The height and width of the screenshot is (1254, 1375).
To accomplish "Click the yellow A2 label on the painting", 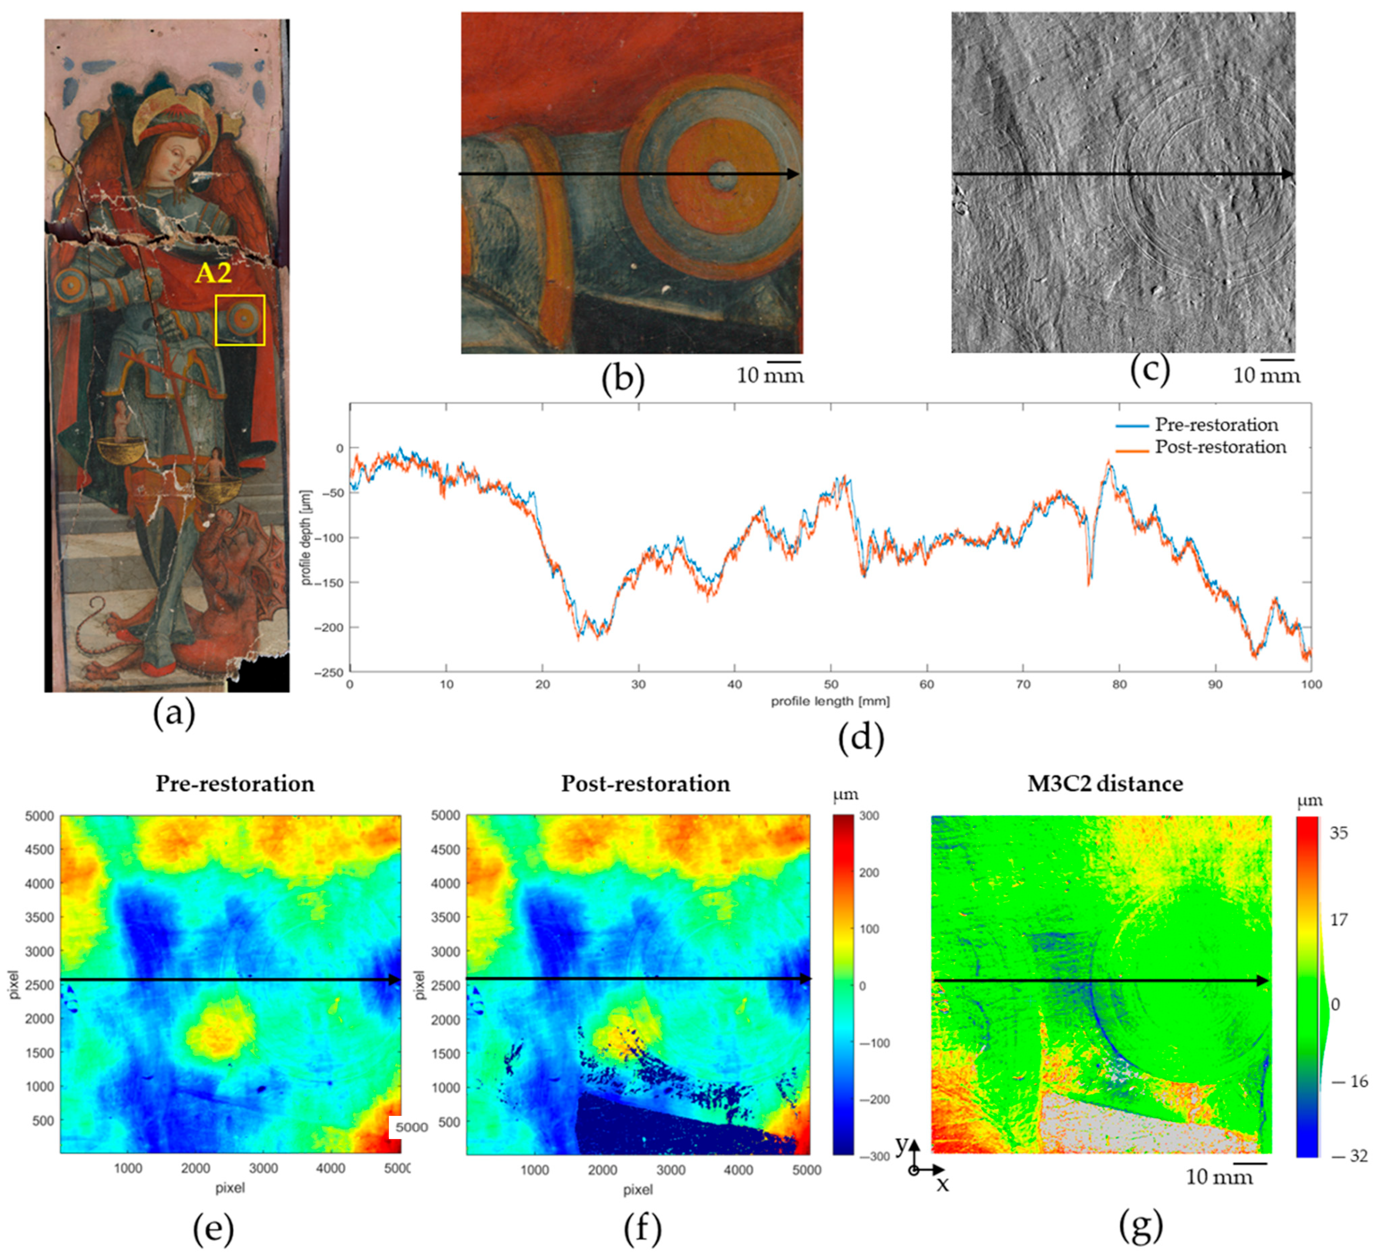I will pyautogui.click(x=214, y=273).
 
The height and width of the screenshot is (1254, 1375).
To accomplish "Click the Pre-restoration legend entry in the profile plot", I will pyautogui.click(x=1216, y=425).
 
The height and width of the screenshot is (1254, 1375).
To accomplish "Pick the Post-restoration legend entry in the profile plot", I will pyautogui.click(x=1220, y=447).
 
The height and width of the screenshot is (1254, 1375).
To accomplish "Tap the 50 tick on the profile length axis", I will pyautogui.click(x=831, y=684).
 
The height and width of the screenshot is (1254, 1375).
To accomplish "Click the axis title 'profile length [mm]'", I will pyautogui.click(x=830, y=701).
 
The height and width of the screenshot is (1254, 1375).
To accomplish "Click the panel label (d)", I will pyautogui.click(x=861, y=739).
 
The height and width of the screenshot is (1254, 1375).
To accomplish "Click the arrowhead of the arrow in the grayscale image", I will pyautogui.click(x=1288, y=174).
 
